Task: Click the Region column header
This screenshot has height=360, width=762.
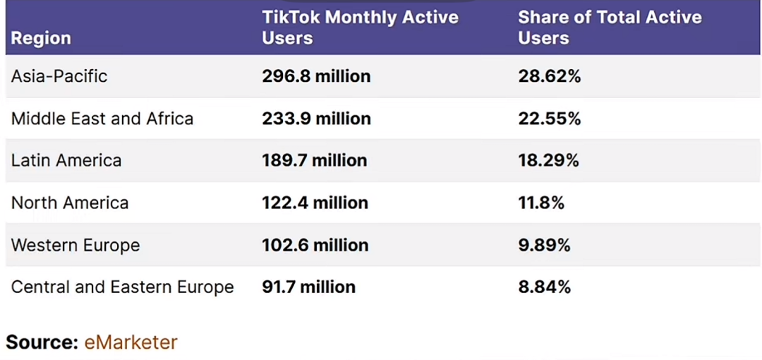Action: [x=41, y=38]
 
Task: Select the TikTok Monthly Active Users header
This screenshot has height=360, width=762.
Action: [x=360, y=28]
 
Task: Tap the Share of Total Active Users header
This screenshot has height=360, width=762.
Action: [x=610, y=28]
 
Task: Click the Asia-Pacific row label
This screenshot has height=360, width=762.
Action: [x=59, y=76]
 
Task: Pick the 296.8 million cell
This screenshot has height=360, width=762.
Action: [x=316, y=76]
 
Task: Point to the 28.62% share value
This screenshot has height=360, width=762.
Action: [x=549, y=76]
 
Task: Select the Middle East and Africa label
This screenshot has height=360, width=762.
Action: [x=102, y=119]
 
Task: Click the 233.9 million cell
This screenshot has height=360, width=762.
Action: [x=316, y=119]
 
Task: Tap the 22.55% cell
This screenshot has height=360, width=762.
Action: [x=549, y=119]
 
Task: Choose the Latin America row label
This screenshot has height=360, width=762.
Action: [x=66, y=160]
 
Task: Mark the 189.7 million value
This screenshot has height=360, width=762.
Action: [x=315, y=160]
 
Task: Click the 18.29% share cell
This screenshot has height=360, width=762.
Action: [x=548, y=160]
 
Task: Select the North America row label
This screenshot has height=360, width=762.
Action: [x=70, y=203]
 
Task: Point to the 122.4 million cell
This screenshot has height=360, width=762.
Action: [x=315, y=203]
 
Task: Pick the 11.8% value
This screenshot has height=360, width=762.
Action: [x=541, y=203]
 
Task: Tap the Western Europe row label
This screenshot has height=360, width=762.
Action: [x=75, y=245]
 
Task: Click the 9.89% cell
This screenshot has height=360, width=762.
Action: [x=544, y=245]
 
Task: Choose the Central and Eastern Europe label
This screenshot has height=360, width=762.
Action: [x=122, y=287]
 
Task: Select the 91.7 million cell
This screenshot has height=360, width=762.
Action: [x=308, y=287]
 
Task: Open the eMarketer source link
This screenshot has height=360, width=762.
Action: [x=131, y=342]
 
